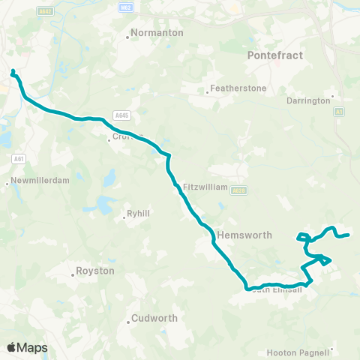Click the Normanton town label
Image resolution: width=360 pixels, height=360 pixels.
tap(151, 33)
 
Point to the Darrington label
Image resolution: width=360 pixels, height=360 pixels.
tap(308, 100)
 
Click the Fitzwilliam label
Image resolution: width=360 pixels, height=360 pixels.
tap(205, 186)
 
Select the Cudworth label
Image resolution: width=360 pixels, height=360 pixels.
tap(154, 318)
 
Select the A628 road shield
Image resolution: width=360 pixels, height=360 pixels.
tap(238, 190)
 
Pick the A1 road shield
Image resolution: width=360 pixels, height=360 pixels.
tap(339, 110)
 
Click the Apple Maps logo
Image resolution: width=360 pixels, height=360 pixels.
tap(27, 347)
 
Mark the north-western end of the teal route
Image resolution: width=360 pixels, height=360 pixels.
tap(13, 71)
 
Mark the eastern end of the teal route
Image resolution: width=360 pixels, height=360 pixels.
tap(349, 235)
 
